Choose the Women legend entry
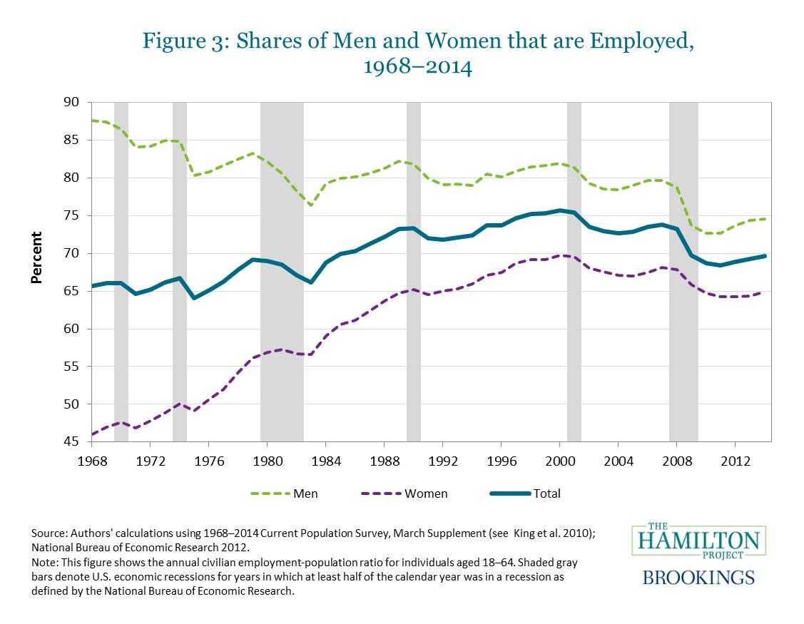[427, 493]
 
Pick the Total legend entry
[547, 493]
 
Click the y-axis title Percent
[36, 258]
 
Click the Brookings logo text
[699, 576]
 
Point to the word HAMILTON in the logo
[699, 541]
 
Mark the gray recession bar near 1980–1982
[282, 271]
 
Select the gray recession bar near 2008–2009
[683, 271]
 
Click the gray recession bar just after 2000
[574, 271]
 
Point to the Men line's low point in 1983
[311, 205]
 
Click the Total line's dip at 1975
[194, 297]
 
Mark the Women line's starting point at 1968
[92, 434]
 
